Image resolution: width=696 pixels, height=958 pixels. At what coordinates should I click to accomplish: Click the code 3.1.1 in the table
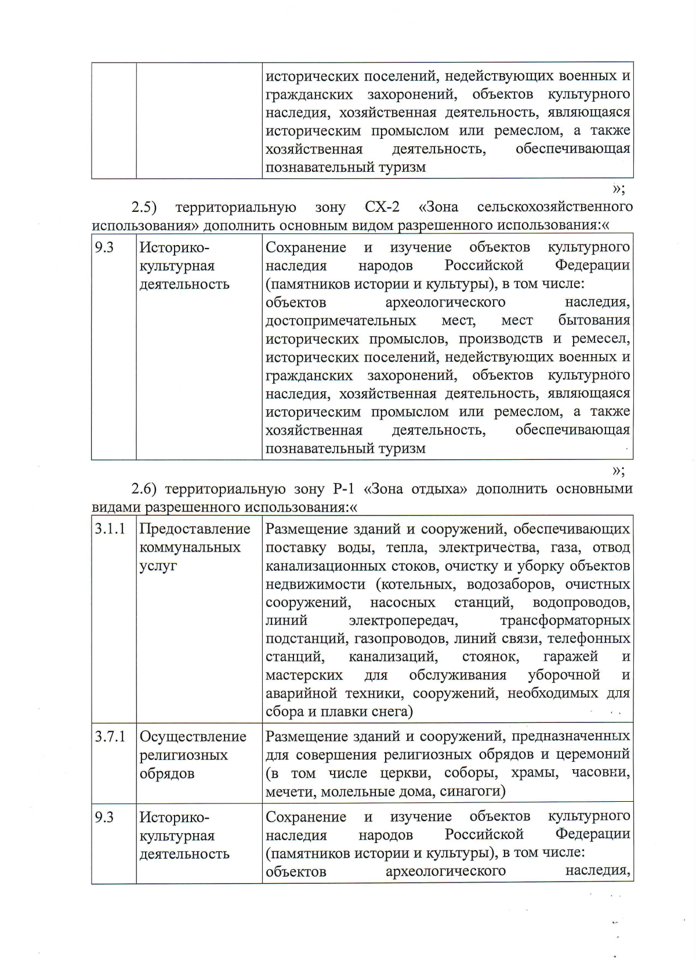110,529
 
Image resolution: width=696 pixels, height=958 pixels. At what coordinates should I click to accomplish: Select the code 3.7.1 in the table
110,737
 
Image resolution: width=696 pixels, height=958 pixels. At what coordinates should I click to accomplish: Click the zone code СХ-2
382,207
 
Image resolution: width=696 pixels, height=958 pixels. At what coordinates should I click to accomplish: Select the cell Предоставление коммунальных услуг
194,547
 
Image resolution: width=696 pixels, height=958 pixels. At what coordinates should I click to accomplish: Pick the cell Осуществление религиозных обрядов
193,755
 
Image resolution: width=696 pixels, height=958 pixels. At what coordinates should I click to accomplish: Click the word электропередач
404,620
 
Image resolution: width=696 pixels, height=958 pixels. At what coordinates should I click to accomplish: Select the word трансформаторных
565,620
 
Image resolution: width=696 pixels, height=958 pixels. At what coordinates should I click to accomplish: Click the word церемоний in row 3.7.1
593,755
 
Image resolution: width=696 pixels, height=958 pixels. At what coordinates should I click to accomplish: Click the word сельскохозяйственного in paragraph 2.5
554,207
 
